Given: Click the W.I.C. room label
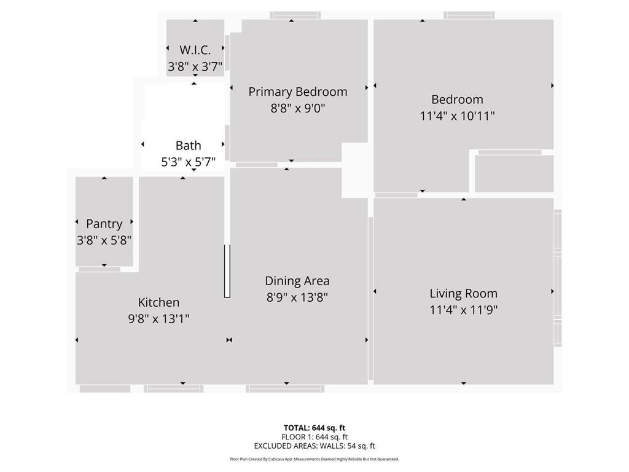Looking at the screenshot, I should coord(195,50).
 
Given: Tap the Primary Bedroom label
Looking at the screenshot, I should coord(297,92).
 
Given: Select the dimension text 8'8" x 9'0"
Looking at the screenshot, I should coord(297,108).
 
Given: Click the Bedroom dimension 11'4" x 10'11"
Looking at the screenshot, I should coord(457,116).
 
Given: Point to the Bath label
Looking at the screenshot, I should coord(188,146).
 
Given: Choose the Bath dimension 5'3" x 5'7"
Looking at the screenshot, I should coord(188,162).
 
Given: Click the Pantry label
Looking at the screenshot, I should coord(104,224).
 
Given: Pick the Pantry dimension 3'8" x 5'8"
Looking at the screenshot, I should coord(104,240).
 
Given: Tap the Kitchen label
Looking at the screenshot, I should coord(158,302).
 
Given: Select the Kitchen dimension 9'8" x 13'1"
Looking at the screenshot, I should coord(158,318).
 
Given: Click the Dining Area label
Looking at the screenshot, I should coord(297,281).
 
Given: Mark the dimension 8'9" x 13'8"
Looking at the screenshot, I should coord(297,297).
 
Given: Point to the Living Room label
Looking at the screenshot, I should coord(463,293).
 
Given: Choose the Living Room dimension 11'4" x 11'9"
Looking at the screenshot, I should coord(463,310).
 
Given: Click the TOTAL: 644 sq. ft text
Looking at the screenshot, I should coord(314,428).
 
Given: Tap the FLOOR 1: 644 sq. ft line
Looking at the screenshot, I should coord(314,437).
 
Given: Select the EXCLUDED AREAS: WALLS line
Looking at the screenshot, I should coord(314,446).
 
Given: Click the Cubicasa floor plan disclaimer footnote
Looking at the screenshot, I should coord(314,459).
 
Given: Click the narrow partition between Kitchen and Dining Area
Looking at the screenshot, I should coord(227,271).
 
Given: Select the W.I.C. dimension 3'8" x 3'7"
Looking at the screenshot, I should coord(195,66).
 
